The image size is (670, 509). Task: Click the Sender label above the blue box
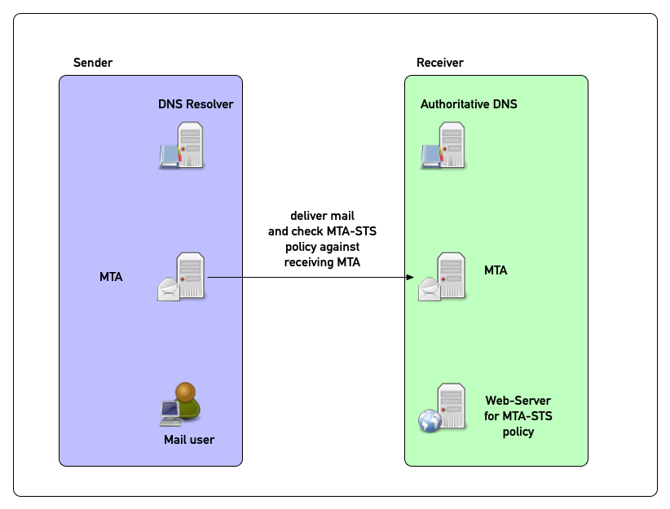[x=93, y=63]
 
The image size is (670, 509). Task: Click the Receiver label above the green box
[x=439, y=63]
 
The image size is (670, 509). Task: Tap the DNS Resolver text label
[x=196, y=104]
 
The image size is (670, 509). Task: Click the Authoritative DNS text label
[x=469, y=104]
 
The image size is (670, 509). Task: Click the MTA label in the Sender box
[x=111, y=277]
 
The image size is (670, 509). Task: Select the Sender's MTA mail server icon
[x=183, y=277]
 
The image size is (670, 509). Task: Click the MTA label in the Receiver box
[x=496, y=270]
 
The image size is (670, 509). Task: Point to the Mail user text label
[x=189, y=440]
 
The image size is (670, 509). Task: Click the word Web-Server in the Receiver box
[x=518, y=401]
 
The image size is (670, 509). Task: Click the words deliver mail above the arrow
[x=322, y=216]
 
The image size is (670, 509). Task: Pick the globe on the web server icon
[x=430, y=421]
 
